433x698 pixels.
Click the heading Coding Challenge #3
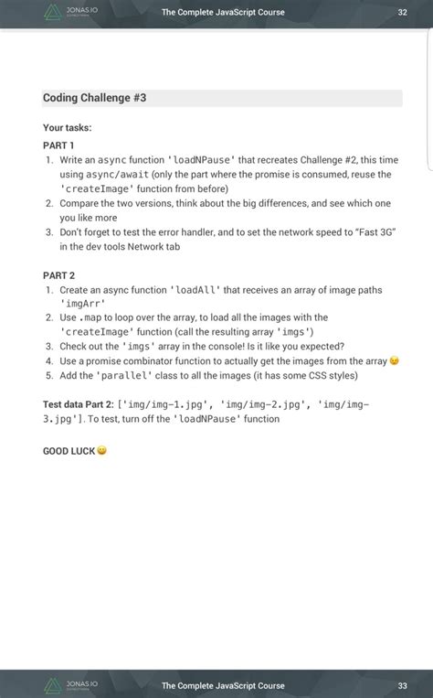point(94,98)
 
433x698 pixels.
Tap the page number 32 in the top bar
point(402,13)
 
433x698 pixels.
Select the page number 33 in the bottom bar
point(402,685)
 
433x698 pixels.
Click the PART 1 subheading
point(58,145)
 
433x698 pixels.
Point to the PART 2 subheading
point(58,275)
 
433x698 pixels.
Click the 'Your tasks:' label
point(67,128)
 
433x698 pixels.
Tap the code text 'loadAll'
point(195,290)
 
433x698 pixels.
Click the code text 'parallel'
point(123,375)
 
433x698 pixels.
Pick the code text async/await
point(117,174)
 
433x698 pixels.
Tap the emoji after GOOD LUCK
point(101,451)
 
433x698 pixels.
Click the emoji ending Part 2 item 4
point(395,361)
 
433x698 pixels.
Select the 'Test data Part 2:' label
point(79,403)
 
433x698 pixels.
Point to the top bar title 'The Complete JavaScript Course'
point(223,13)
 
